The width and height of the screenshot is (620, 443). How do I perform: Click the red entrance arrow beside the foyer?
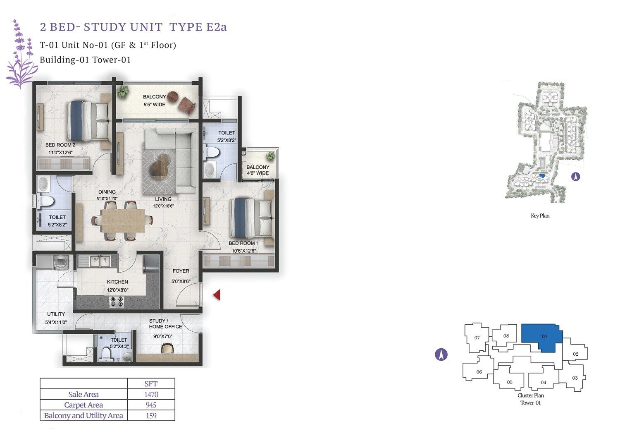pyautogui.click(x=217, y=295)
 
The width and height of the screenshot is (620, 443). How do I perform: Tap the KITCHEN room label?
pyautogui.click(x=117, y=282)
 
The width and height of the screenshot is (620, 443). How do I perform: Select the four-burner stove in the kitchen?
pyautogui.click(x=117, y=302)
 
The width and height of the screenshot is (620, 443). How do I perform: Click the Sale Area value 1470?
pyautogui.click(x=151, y=395)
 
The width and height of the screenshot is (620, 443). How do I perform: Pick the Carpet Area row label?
pyautogui.click(x=83, y=405)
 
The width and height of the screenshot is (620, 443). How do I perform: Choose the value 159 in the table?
pyautogui.click(x=151, y=416)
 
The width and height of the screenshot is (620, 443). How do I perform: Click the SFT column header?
pyautogui.click(x=151, y=384)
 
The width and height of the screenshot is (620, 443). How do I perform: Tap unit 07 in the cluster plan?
pyautogui.click(x=477, y=338)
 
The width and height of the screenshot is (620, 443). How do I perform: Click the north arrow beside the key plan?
pyautogui.click(x=575, y=177)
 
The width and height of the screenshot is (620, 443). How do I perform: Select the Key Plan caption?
pyautogui.click(x=540, y=216)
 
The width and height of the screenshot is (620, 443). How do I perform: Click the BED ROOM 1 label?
pyautogui.click(x=243, y=243)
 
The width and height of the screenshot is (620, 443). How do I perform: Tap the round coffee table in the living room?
pyautogui.click(x=160, y=167)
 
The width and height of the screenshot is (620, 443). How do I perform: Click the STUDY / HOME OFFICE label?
pyautogui.click(x=165, y=323)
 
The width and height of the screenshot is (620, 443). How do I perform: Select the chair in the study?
pyautogui.click(x=167, y=349)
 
